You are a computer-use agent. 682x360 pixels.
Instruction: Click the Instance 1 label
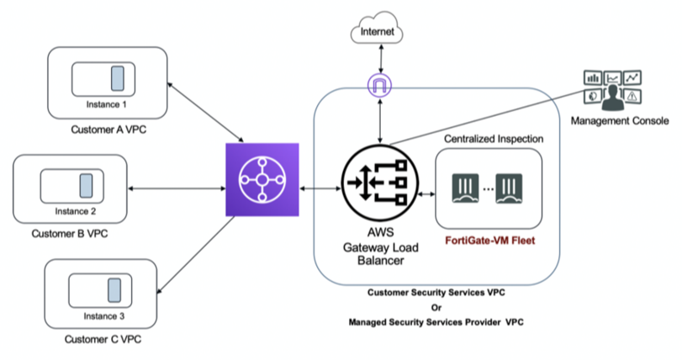(106, 105)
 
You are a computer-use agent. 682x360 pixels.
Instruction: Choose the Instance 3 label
(105, 316)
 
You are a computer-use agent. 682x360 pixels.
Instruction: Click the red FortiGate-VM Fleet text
(489, 241)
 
